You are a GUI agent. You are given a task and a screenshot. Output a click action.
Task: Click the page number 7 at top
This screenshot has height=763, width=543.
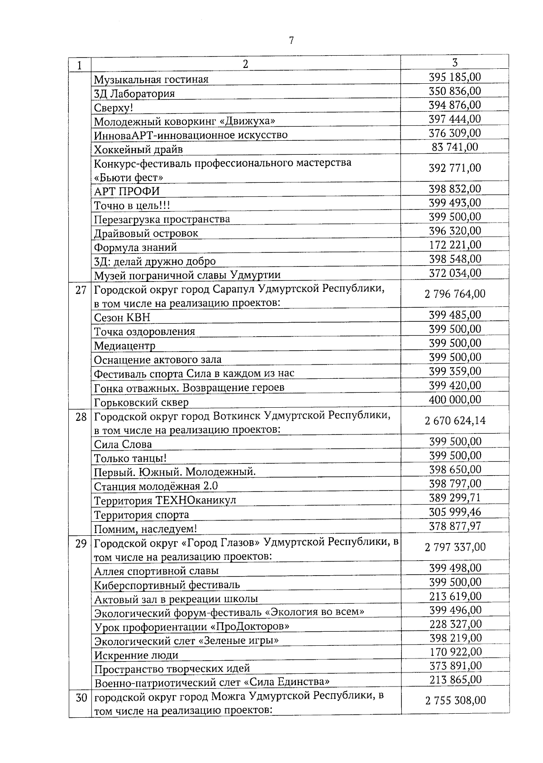[291, 41]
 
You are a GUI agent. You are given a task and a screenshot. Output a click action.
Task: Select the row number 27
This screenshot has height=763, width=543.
[81, 290]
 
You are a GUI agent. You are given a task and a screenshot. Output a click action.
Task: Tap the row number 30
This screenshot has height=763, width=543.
[81, 697]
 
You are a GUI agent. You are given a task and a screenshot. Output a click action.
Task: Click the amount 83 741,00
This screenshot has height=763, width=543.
[455, 147]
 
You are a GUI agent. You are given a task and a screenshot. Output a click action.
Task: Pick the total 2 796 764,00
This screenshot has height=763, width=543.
[455, 294]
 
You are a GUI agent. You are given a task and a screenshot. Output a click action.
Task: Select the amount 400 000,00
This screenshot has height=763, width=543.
[455, 400]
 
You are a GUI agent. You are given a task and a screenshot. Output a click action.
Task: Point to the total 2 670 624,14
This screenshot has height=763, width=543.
[455, 421]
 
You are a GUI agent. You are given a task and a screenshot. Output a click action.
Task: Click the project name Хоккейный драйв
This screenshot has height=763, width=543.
[138, 149]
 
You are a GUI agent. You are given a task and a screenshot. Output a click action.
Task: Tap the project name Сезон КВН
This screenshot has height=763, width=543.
[122, 317]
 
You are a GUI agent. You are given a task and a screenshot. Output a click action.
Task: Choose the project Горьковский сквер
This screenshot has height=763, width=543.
[141, 402]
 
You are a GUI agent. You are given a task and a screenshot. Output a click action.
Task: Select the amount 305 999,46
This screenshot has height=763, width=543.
[455, 512]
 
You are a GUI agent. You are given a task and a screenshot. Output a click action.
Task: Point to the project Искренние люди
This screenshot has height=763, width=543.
[136, 655]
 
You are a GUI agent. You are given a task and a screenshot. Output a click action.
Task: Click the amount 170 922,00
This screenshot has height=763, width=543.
[455, 652]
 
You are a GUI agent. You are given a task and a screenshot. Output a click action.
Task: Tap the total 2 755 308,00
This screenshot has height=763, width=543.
[455, 701]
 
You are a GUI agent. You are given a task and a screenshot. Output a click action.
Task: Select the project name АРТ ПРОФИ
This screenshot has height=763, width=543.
[127, 191]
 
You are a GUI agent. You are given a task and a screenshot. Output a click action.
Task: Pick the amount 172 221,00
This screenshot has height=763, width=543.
[455, 245]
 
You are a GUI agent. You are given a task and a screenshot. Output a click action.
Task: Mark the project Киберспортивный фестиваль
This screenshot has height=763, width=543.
[167, 585]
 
